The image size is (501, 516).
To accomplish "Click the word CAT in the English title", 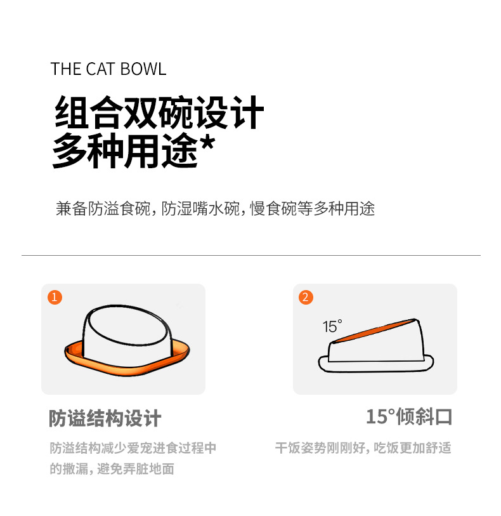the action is [100, 69].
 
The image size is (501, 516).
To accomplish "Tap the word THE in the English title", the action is [65, 69].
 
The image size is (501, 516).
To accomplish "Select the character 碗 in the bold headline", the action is [176, 112].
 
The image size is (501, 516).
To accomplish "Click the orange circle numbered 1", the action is [55, 297].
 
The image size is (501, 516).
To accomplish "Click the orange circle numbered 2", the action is [306, 297].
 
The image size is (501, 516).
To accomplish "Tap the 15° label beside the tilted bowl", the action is [332, 326].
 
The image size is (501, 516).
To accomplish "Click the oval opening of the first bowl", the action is [127, 325].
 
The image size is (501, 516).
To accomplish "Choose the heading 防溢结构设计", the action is [105, 418].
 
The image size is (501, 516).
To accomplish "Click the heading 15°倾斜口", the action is [409, 416].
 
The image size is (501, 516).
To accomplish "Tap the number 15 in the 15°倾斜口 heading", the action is [377, 416].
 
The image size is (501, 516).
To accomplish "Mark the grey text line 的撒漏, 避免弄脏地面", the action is [112, 468].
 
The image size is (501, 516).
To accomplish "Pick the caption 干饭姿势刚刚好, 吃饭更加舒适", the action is [363, 448].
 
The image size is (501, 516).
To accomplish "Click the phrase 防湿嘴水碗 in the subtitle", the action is [200, 209].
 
